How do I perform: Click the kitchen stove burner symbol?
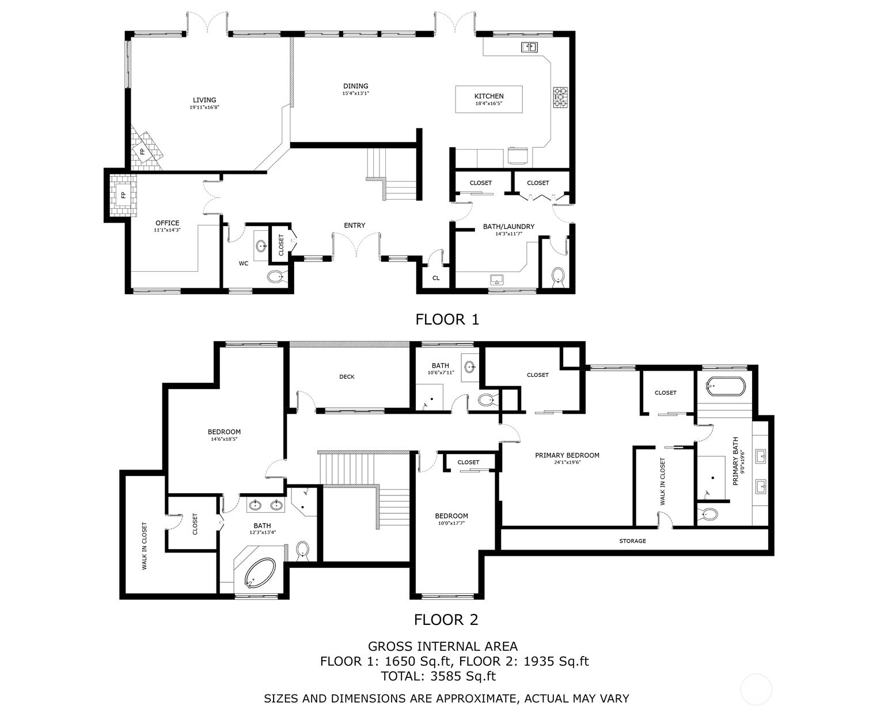tap(560, 97)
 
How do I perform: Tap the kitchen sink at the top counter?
tap(529, 47)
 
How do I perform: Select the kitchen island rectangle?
tap(489, 100)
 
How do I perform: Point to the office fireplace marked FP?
tap(123, 195)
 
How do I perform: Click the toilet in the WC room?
tap(277, 277)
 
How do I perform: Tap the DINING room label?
tap(355, 86)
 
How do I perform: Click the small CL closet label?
tap(436, 278)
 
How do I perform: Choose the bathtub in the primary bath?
tap(725, 386)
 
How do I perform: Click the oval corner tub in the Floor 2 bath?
tap(261, 574)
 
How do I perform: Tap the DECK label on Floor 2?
tap(347, 377)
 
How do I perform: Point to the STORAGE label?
tap(632, 541)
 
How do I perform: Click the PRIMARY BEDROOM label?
tap(567, 455)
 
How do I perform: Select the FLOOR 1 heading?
tap(447, 319)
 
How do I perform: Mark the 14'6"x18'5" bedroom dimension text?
tap(224, 439)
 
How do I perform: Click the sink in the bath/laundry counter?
tap(496, 280)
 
